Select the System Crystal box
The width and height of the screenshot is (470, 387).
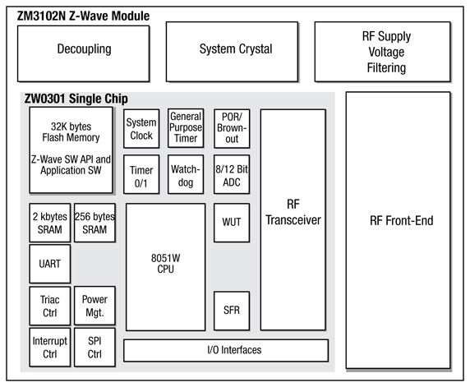click(x=235, y=49)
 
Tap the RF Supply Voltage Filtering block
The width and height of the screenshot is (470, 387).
click(x=386, y=51)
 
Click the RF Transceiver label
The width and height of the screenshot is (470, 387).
click(x=293, y=213)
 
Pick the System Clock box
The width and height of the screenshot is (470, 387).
click(x=141, y=129)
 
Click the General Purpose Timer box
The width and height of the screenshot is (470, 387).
click(x=186, y=129)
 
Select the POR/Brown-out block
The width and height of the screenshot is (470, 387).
click(x=231, y=129)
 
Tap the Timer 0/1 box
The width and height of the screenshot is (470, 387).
click(x=141, y=176)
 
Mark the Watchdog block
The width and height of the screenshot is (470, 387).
click(x=186, y=176)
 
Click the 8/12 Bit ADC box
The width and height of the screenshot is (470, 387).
click(x=231, y=176)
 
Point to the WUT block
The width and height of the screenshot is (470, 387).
click(x=231, y=222)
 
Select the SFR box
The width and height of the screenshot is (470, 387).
click(x=231, y=311)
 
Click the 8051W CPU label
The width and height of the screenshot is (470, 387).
click(x=165, y=265)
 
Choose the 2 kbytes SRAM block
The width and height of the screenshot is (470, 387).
click(x=48, y=222)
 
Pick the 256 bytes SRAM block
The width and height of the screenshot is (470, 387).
click(x=94, y=222)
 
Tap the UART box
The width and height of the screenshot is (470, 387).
click(x=48, y=265)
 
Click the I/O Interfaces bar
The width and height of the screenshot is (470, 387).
click(x=225, y=350)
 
